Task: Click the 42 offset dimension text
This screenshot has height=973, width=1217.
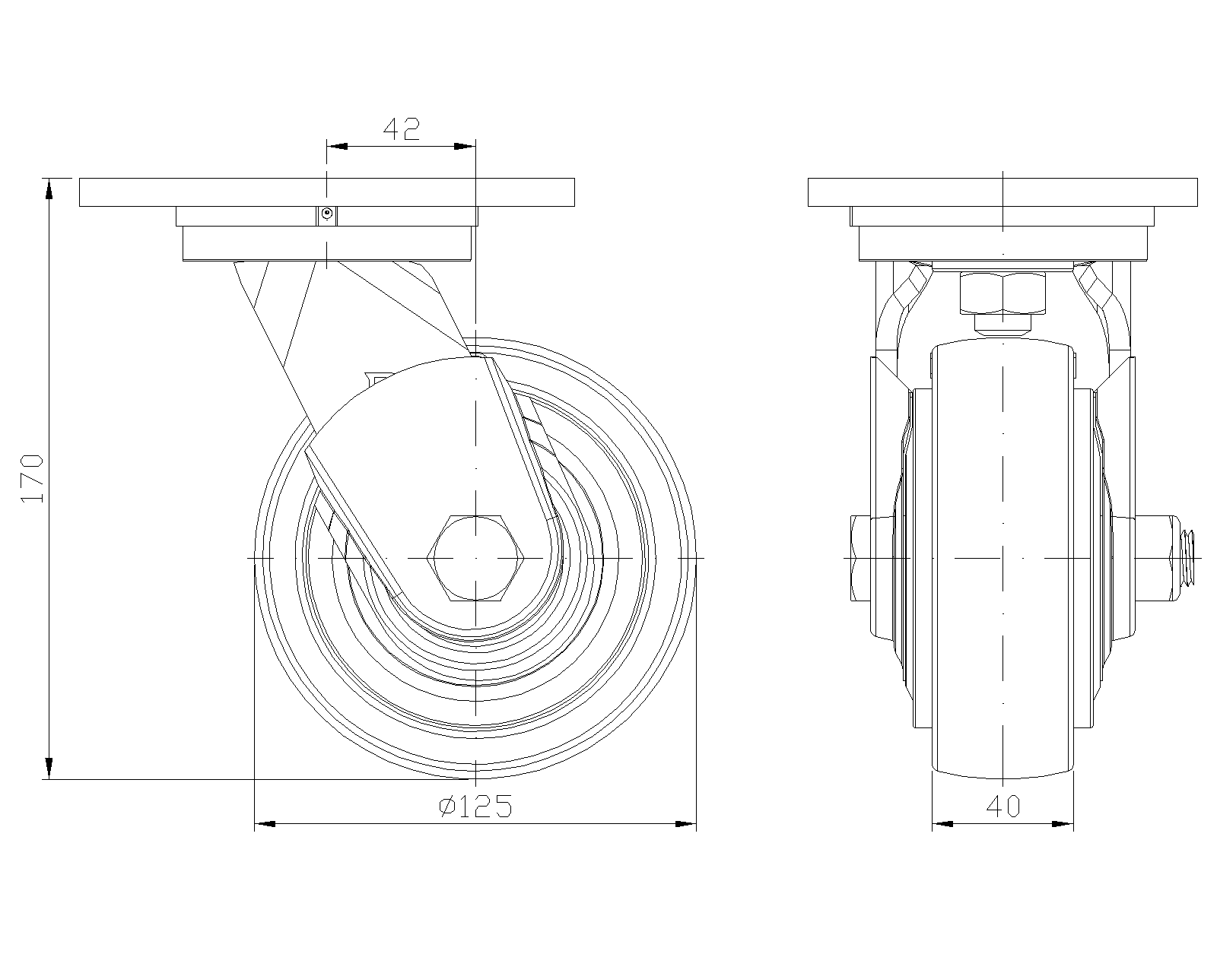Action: (402, 129)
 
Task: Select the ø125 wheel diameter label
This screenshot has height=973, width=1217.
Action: (475, 807)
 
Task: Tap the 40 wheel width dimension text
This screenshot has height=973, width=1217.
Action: (1003, 807)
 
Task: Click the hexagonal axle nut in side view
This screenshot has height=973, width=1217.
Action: (475, 557)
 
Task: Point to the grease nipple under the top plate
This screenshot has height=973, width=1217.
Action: (326, 214)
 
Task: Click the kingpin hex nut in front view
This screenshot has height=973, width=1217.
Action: (1003, 293)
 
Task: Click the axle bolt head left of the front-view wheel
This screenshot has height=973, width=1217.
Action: (860, 558)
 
